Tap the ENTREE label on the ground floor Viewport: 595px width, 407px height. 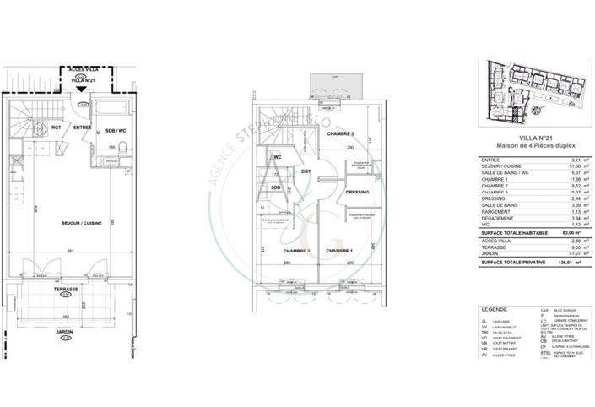[82, 128]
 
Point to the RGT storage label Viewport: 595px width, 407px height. [56, 128]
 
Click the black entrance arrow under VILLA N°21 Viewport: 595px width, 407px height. [80, 88]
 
